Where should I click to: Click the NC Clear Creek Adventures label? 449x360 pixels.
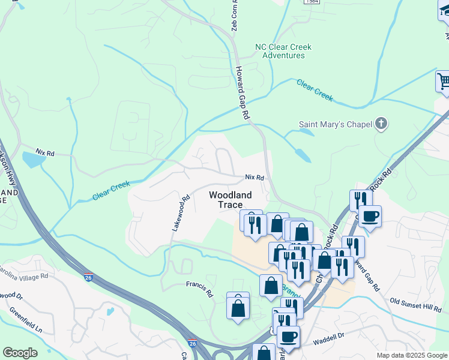pyautogui.click(x=280, y=51)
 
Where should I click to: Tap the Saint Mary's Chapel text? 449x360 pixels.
pyautogui.click(x=336, y=125)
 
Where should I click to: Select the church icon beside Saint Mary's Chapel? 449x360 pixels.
pyautogui.click(x=381, y=124)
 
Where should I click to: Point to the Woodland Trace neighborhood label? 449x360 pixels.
pyautogui.click(x=230, y=199)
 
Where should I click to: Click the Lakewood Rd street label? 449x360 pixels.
pyautogui.click(x=181, y=212)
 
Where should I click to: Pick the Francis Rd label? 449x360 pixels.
pyautogui.click(x=199, y=286)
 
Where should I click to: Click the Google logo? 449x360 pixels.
pyautogui.click(x=20, y=353)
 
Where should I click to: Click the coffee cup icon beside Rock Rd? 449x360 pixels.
pyautogui.click(x=370, y=215)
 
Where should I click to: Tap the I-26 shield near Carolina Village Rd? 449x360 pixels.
pyautogui.click(x=88, y=277)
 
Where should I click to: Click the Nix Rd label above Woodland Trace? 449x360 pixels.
pyautogui.click(x=255, y=178)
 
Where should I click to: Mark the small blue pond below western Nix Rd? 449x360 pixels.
pyautogui.click(x=31, y=160)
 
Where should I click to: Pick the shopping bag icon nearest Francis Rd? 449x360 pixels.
pyautogui.click(x=238, y=307)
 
